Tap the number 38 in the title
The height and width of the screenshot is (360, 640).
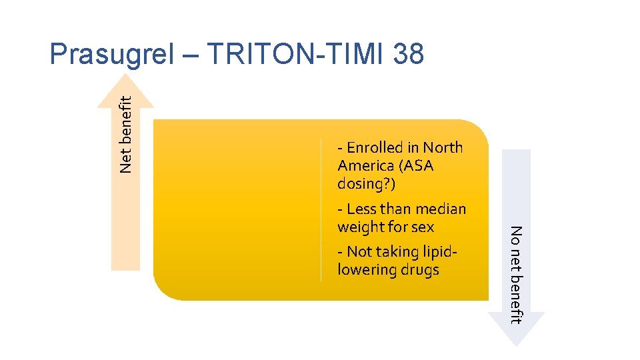(x=408, y=55)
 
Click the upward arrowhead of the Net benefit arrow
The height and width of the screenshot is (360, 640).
(x=125, y=91)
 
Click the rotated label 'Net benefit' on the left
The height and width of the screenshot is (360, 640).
(x=126, y=133)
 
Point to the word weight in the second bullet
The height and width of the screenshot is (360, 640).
(x=361, y=227)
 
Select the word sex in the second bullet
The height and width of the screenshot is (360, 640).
(x=423, y=227)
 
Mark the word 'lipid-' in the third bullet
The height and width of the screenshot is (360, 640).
(x=442, y=252)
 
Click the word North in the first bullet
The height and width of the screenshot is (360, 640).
(x=443, y=148)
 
